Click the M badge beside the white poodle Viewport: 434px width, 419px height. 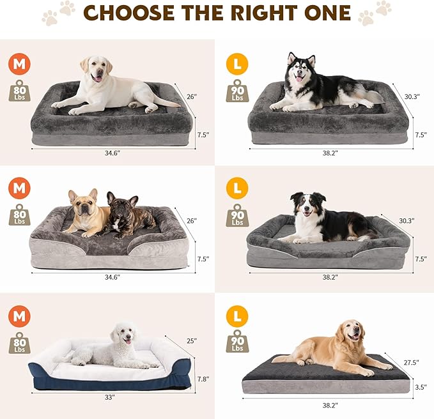click(x=19, y=315)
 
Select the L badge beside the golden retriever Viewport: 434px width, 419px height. click(x=237, y=315)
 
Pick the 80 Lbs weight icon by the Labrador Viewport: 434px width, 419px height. click(x=19, y=91)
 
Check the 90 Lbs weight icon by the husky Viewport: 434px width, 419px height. click(x=238, y=91)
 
